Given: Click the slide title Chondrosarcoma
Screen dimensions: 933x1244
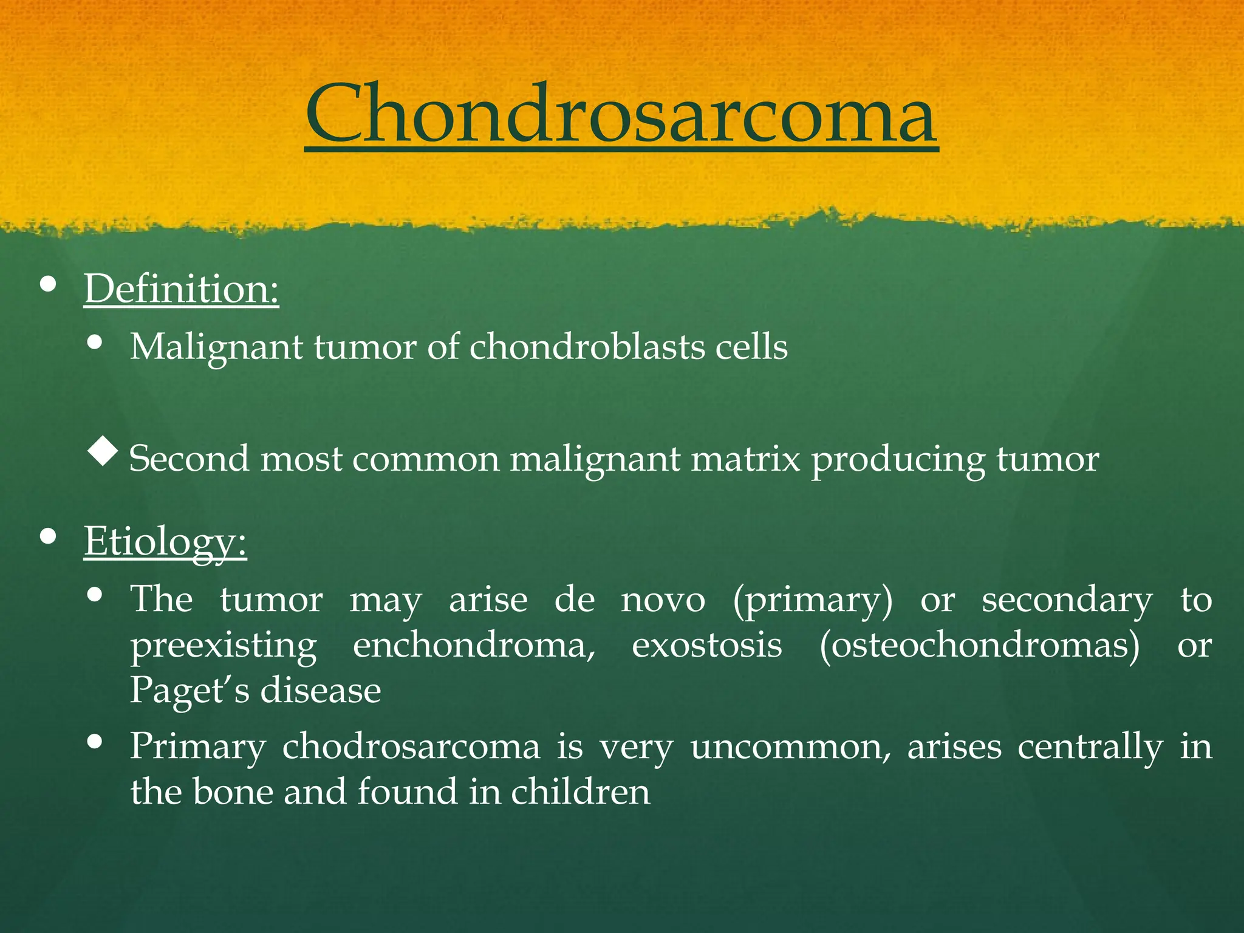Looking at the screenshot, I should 621,114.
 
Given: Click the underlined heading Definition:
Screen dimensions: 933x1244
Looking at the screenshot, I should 181,289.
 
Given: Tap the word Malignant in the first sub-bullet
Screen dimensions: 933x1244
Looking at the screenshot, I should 216,347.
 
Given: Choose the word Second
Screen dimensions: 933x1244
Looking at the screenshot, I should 189,459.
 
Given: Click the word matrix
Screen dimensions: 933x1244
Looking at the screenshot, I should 746,459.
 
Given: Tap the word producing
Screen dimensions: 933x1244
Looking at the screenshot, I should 898,460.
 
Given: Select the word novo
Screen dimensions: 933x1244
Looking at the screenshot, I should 663,600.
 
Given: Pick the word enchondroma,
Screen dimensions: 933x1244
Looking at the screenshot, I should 474,645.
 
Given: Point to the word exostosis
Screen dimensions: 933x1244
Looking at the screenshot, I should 706,645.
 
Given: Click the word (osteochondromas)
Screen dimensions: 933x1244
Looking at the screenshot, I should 979,645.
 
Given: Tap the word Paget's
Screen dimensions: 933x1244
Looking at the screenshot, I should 189,691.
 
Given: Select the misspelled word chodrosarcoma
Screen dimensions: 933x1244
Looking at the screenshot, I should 411,747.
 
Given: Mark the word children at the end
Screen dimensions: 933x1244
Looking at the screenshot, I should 580,792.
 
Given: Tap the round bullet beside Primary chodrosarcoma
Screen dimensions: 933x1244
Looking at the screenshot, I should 94,742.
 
